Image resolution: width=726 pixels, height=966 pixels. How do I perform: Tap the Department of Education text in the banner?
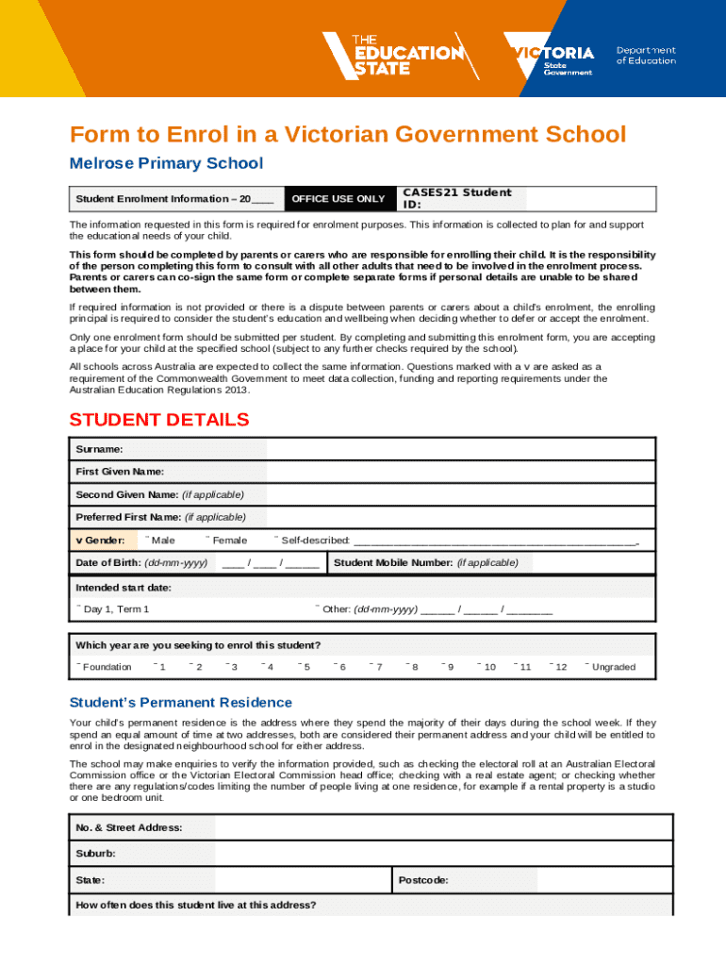click(646, 55)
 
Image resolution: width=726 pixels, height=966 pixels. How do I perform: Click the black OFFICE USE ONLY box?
click(338, 199)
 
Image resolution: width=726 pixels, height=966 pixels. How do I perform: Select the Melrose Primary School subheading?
click(166, 163)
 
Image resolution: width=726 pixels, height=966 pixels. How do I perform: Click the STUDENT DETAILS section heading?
click(159, 420)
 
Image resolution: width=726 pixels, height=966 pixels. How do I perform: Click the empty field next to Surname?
click(460, 449)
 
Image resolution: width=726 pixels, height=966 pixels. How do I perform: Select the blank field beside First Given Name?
click(460, 472)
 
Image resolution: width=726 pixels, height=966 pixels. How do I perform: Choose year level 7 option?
click(375, 667)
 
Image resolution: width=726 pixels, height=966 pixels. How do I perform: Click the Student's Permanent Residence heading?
click(181, 703)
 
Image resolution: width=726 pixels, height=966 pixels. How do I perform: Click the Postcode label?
click(422, 880)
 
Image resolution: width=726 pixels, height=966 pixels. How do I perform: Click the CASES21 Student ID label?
click(456, 198)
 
